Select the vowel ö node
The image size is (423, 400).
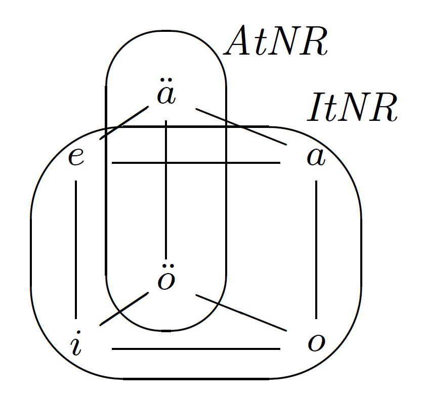click(166, 281)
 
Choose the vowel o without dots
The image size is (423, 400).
click(316, 343)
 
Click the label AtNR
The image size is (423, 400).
click(276, 42)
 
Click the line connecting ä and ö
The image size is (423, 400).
click(166, 192)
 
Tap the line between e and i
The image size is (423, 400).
click(76, 248)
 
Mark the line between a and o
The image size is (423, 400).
click(316, 248)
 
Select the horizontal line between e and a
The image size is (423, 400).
click(195, 163)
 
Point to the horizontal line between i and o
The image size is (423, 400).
click(195, 348)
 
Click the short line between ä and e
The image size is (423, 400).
click(124, 122)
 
